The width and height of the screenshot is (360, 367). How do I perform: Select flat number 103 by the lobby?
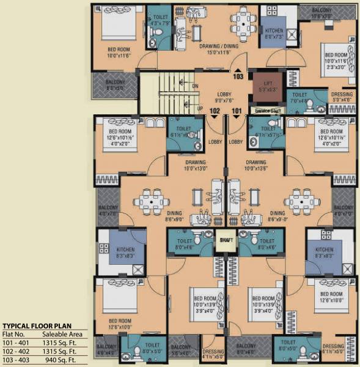[238, 76]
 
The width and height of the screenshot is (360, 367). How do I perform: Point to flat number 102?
[215, 111]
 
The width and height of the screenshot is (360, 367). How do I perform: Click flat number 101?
[237, 111]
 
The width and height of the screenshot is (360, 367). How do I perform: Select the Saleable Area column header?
[62, 335]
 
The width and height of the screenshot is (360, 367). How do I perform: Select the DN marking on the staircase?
[195, 86]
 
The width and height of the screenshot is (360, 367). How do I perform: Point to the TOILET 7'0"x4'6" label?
[300, 98]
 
